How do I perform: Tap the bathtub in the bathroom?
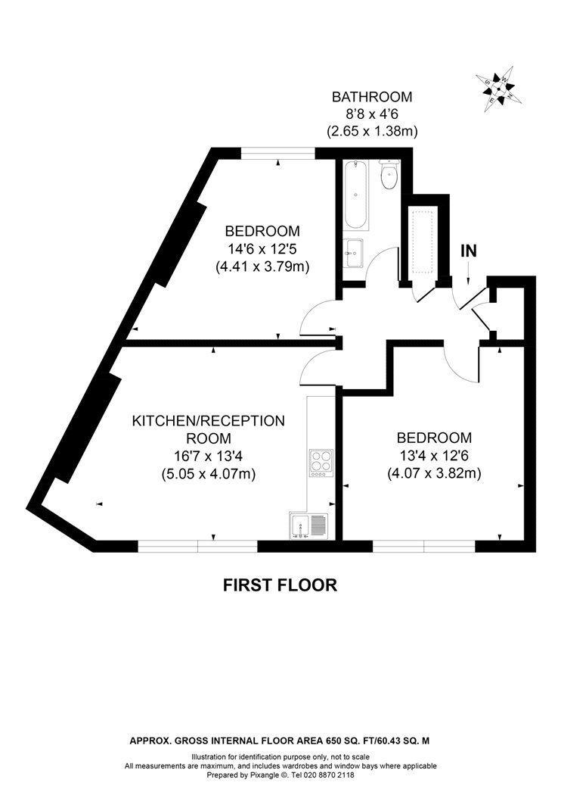pyautogui.click(x=356, y=195)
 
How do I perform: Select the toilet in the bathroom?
pyautogui.click(x=389, y=176)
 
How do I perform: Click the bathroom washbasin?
pyautogui.click(x=354, y=253)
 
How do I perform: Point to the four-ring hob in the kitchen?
pyautogui.click(x=321, y=462)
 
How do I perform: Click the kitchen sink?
pyautogui.click(x=308, y=525)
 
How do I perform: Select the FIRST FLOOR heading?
pyautogui.click(x=280, y=585)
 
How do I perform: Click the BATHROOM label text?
pyautogui.click(x=372, y=97)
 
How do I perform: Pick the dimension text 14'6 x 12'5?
pyautogui.click(x=262, y=249)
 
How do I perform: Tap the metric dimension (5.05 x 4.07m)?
pyautogui.click(x=209, y=474)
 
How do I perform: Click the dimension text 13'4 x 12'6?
pyautogui.click(x=434, y=455)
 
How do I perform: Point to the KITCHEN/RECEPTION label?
pyautogui.click(x=209, y=421)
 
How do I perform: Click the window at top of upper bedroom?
pyautogui.click(x=277, y=154)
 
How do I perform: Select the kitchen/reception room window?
pyautogui.click(x=197, y=545)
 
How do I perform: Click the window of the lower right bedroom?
pyautogui.click(x=423, y=545)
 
